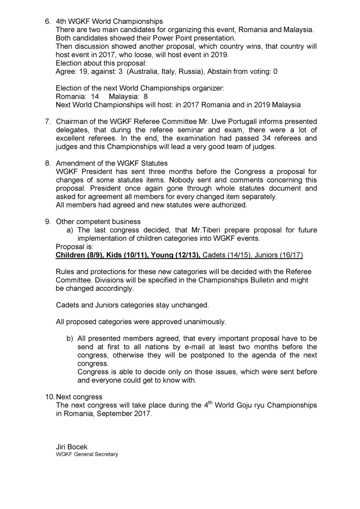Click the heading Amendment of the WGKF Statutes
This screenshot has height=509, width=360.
pyautogui.click(x=112, y=163)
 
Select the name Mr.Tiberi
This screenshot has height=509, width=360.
pyautogui.click(x=197, y=230)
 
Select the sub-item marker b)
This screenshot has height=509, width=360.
pyautogui.click(x=70, y=338)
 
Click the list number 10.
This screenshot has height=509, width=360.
pyautogui.click(x=50, y=397)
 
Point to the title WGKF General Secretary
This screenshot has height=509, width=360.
pyautogui.click(x=87, y=454)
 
